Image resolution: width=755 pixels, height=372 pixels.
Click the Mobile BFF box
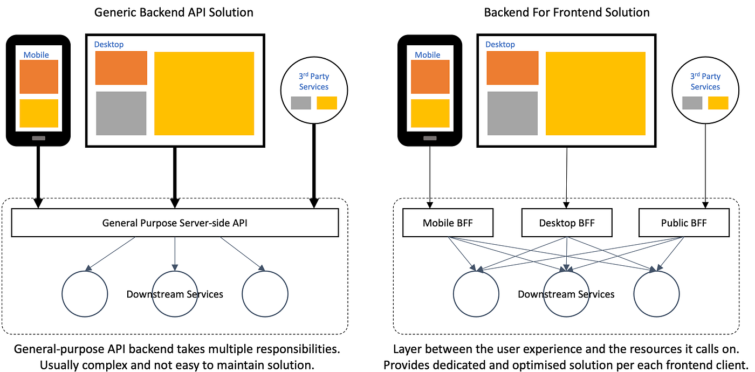tap(448, 223)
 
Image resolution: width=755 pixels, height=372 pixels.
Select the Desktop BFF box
tap(566, 223)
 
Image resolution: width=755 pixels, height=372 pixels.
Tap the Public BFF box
tap(683, 223)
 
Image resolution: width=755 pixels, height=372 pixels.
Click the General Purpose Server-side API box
tap(175, 223)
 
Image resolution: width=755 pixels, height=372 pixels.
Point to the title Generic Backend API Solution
tap(174, 12)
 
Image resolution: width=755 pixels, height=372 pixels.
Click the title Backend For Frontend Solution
tap(567, 12)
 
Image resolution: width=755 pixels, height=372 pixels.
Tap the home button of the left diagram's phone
tap(38, 139)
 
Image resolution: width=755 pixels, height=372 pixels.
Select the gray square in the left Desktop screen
tap(121, 113)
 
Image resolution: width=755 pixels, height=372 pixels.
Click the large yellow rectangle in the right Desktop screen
tap(595, 93)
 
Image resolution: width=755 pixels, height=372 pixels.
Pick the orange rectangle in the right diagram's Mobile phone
tap(430, 77)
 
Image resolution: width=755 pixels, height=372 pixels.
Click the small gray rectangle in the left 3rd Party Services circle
tap(301, 103)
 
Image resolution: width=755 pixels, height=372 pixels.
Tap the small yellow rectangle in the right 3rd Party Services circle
tap(718, 103)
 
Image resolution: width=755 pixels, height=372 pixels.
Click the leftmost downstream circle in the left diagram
tap(85, 294)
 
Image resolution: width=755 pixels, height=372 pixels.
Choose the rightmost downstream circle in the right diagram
tap(656, 294)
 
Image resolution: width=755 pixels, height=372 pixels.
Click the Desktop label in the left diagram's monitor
tap(109, 44)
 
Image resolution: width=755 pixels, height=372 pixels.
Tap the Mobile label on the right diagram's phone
tap(428, 54)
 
